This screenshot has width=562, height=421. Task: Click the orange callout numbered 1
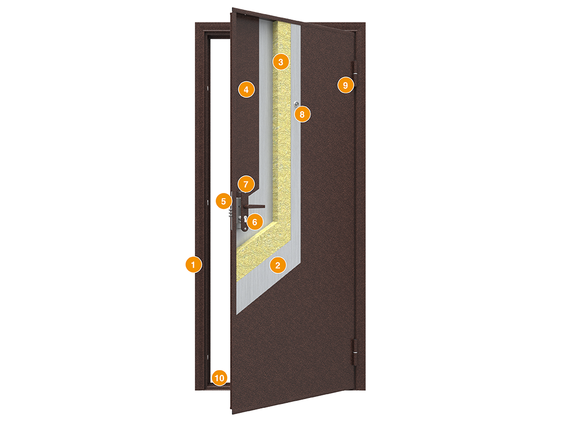coord(194,265)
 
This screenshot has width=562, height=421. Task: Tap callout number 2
coord(278,265)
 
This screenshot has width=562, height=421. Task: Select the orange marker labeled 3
coord(280,62)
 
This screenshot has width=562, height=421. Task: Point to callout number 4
coord(246,90)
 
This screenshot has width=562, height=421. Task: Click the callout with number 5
coord(224,201)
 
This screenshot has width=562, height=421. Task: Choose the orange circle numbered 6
coord(255,222)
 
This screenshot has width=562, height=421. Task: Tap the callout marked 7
coord(246,184)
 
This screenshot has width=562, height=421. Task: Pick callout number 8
coord(302,114)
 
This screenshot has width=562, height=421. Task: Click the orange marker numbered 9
coord(346,85)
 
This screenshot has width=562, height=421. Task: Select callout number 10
coord(220,378)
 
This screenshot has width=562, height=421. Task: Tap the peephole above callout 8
coord(296,104)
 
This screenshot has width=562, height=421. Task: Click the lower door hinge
coord(355,352)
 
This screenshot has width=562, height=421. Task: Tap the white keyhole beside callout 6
coord(244,219)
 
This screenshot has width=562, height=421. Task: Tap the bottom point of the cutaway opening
coord(237,314)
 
